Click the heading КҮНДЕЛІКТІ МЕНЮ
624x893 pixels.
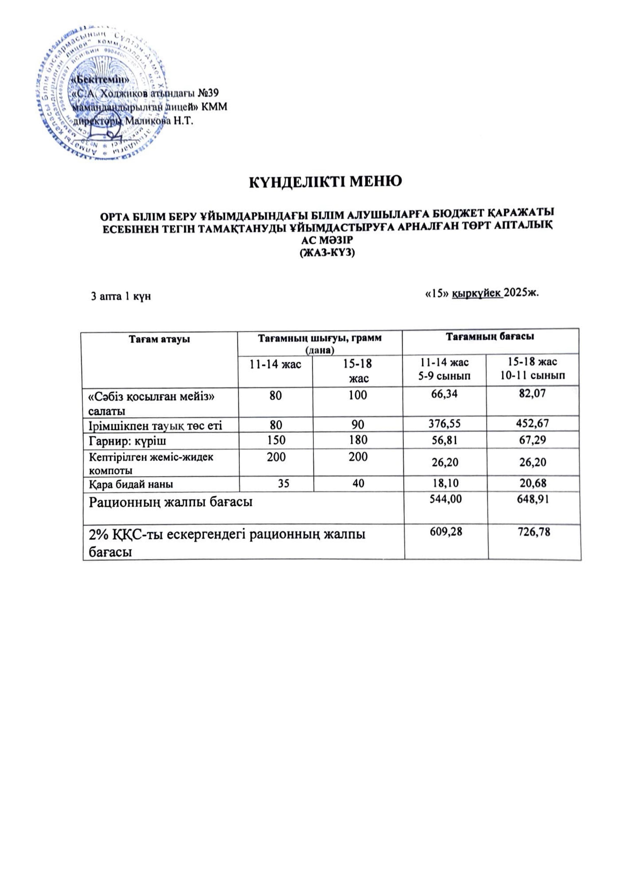pos(325,181)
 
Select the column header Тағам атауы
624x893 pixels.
pos(159,339)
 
